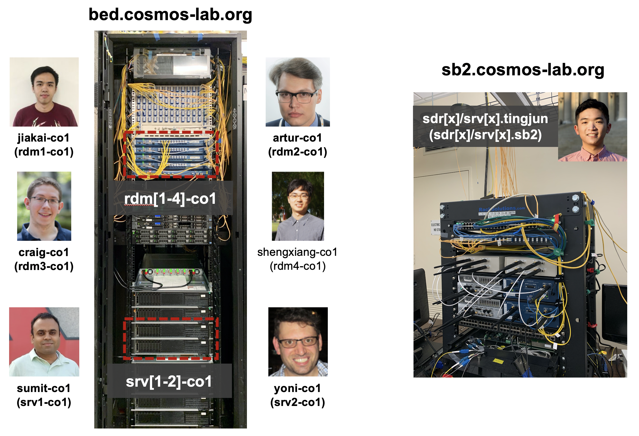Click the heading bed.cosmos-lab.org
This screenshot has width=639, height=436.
tap(170, 15)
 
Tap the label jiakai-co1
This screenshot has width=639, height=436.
tap(43, 138)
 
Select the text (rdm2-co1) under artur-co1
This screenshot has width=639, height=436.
tap(298, 152)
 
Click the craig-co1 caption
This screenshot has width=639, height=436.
tap(43, 252)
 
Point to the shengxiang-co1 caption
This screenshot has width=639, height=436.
tap(297, 252)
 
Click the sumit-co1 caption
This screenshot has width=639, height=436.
tap(43, 388)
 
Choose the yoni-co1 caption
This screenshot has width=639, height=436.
tap(298, 388)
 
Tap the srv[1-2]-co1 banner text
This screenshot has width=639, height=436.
tap(169, 382)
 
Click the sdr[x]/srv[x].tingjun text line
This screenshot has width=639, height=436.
tap(485, 119)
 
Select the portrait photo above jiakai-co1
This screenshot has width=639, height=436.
tap(44, 92)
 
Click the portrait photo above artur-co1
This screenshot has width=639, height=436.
tap(298, 92)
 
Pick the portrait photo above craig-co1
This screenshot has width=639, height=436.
tap(44, 206)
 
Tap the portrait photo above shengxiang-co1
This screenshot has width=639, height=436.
tap(298, 206)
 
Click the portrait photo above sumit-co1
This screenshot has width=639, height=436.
tap(44, 342)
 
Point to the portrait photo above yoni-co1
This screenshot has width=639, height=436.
tap(298, 342)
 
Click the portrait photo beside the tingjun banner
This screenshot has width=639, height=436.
tap(592, 127)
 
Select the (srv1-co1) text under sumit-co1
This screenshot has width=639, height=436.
tap(44, 402)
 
